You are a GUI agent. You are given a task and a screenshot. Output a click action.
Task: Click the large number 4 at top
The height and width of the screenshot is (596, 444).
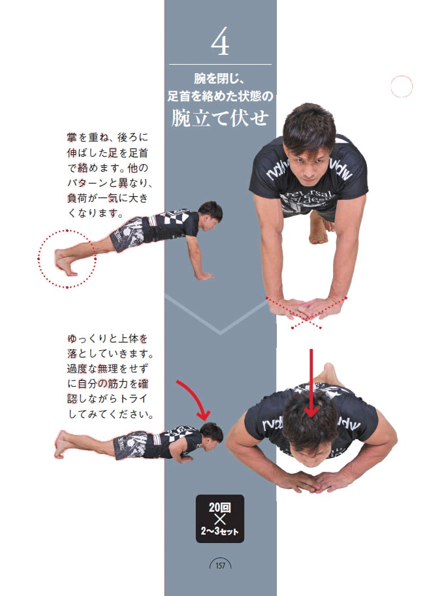click(220, 43)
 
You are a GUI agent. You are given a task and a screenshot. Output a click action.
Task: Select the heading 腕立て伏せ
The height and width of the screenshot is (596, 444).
click(220, 118)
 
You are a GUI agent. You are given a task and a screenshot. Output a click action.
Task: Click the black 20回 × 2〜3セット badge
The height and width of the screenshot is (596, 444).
click(220, 518)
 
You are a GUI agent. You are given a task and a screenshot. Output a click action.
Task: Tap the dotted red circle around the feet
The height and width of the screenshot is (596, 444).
click(67, 259)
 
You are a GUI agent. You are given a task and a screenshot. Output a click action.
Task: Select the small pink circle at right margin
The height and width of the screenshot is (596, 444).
click(401, 86)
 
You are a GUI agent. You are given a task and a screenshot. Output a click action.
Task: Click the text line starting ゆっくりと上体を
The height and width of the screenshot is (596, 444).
click(108, 339)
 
